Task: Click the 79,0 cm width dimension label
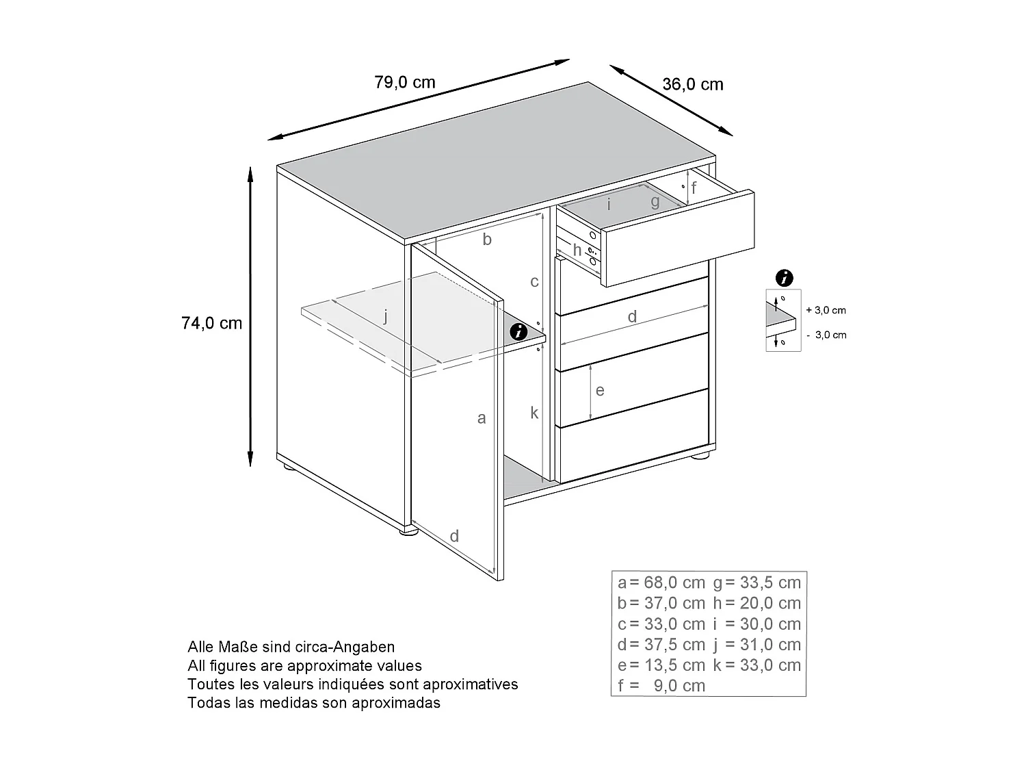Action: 405,83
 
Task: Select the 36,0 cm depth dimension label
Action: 692,84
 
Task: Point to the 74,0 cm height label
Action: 212,323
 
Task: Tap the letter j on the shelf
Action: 386,316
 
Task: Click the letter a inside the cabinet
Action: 482,418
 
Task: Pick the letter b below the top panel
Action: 487,240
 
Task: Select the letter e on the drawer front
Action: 600,390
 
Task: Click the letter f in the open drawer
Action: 694,188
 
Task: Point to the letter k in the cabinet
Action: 534,413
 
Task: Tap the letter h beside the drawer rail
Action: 577,251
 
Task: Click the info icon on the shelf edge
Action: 519,333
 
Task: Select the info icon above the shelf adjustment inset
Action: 785,278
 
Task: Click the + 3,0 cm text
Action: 826,310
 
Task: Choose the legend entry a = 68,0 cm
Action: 661,583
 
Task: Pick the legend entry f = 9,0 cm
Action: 661,686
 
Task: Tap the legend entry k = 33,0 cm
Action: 757,665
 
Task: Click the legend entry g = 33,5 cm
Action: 757,583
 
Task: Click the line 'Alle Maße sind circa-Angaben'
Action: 291,647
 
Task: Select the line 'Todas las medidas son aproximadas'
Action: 314,702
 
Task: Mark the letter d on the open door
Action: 454,536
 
